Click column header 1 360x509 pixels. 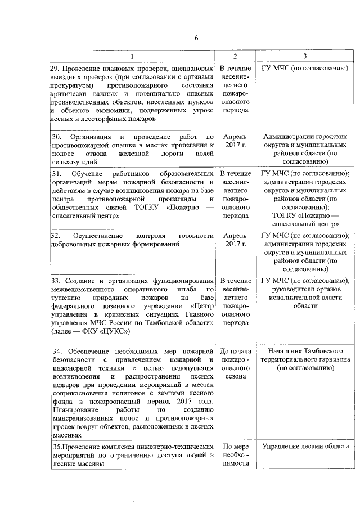click(x=132, y=56)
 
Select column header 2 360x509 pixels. click(x=236, y=56)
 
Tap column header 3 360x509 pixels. click(x=304, y=56)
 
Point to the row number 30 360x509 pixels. click(x=56, y=137)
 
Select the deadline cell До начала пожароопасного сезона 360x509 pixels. click(x=236, y=364)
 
